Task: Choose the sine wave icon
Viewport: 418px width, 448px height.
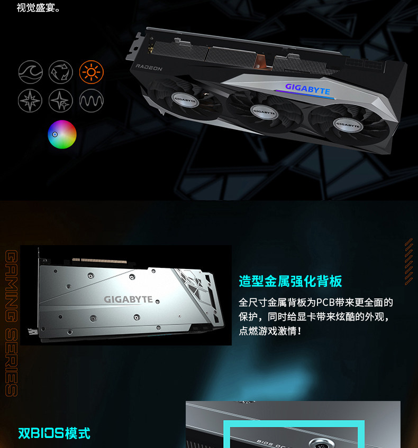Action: tap(91, 100)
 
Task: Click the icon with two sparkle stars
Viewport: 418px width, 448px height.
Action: tap(60, 100)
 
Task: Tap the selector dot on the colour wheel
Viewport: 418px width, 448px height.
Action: tap(54, 134)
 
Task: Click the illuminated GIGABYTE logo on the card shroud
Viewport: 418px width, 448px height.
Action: tap(307, 88)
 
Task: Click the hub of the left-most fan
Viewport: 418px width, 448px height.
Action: tap(185, 98)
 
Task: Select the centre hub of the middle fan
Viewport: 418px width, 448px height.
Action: tap(263, 111)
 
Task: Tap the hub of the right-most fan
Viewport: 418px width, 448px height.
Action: tap(347, 125)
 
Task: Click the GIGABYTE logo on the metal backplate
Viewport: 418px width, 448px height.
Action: tap(128, 300)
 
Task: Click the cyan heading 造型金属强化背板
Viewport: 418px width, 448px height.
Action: tap(290, 281)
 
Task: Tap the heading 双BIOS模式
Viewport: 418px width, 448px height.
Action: tap(54, 433)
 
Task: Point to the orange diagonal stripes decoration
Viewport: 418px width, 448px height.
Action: tap(408, 262)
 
